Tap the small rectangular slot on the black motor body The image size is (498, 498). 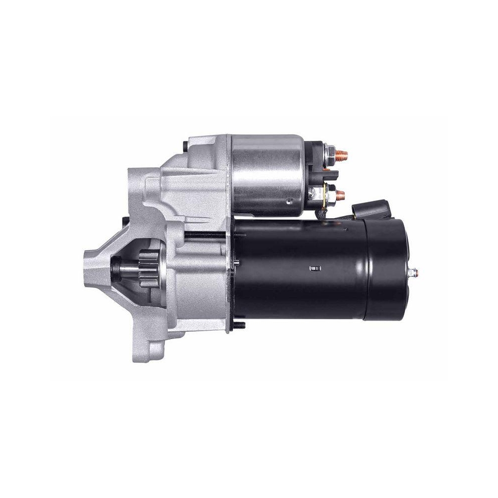313,270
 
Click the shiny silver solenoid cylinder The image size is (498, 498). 266,174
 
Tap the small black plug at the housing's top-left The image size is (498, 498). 186,145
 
